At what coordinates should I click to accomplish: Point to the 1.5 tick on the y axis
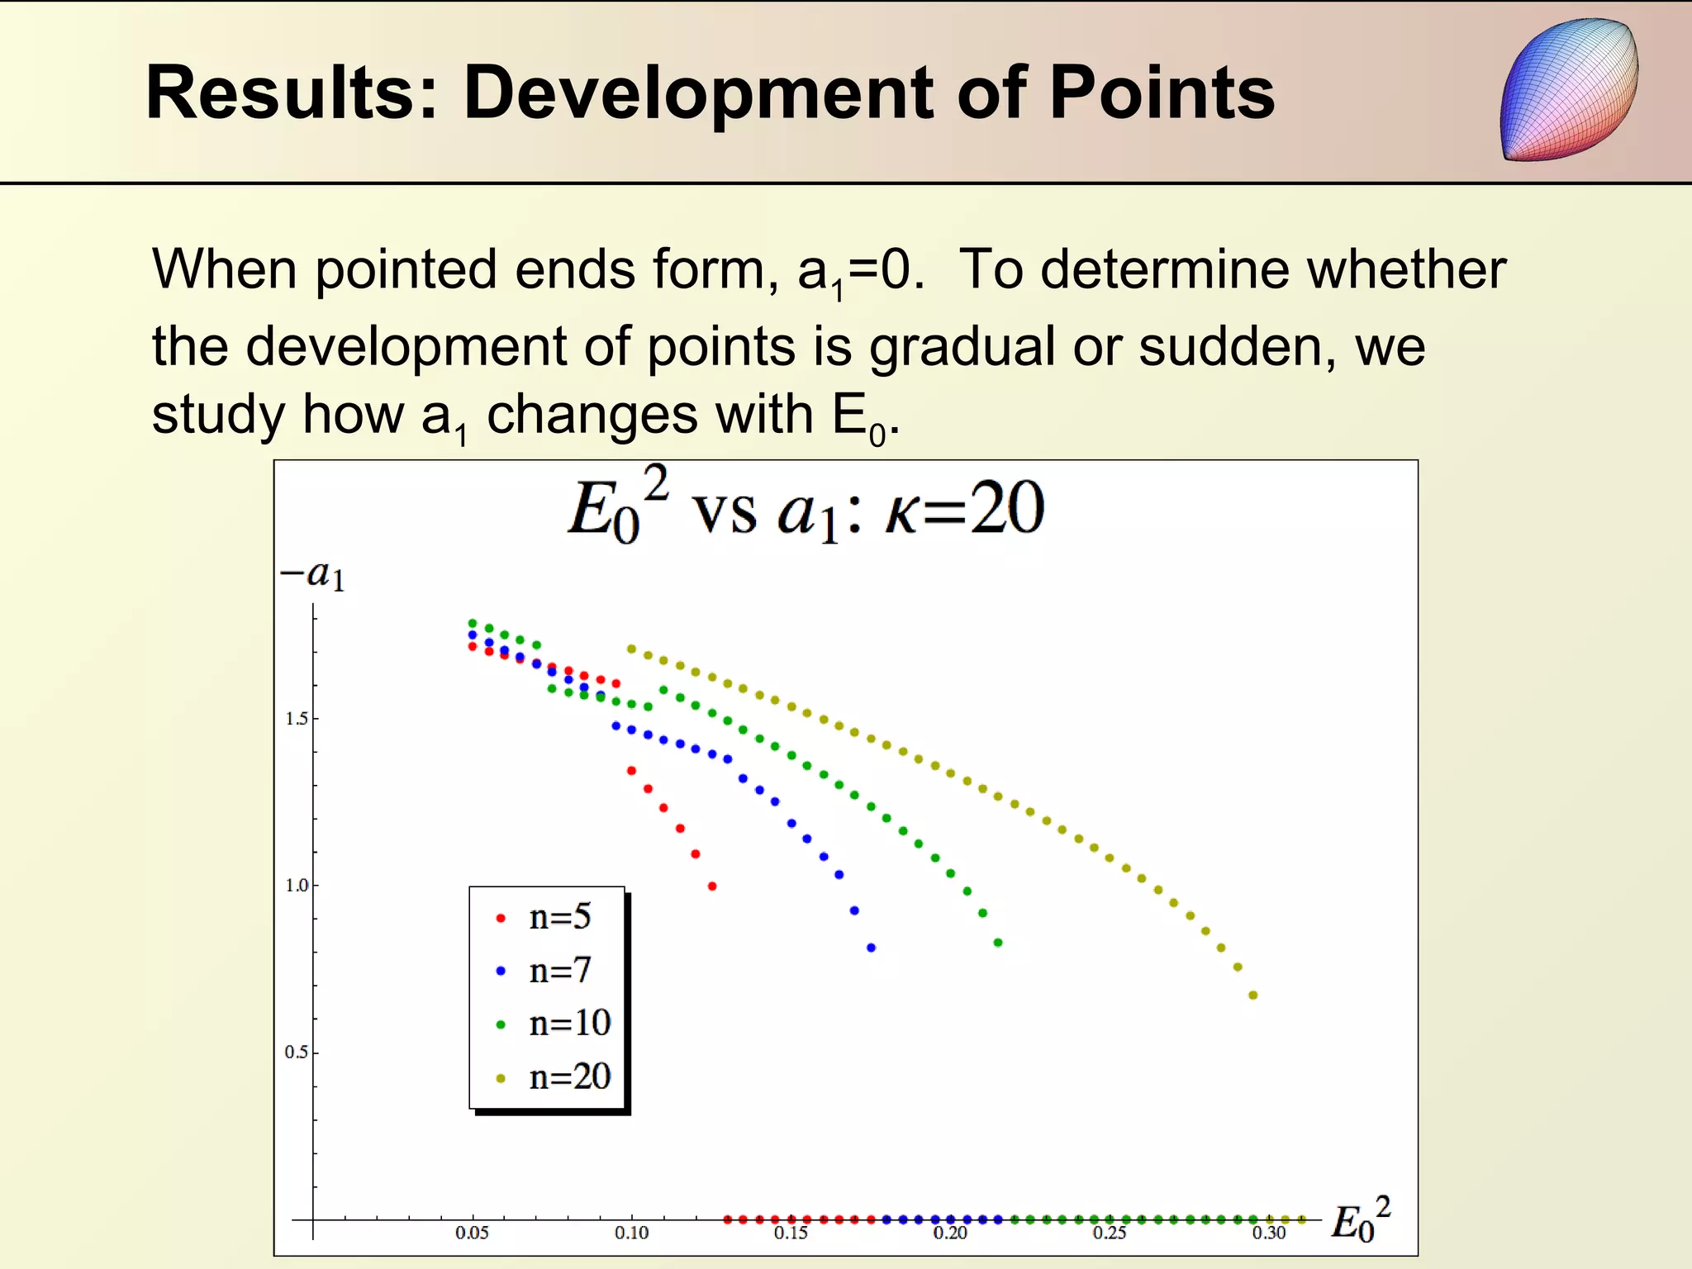tap(297, 719)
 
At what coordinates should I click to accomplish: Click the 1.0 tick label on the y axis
tap(297, 886)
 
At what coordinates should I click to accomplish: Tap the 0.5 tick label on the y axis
tap(297, 1053)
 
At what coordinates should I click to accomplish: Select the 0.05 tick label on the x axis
tap(472, 1233)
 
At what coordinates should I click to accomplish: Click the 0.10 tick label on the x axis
tap(631, 1233)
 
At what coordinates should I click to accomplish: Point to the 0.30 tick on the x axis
tap(1268, 1233)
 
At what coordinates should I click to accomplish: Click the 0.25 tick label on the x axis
tap(1109, 1233)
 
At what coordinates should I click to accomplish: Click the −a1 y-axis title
tap(312, 575)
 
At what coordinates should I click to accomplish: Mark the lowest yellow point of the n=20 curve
tap(1253, 996)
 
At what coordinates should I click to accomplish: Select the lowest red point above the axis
tap(712, 886)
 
